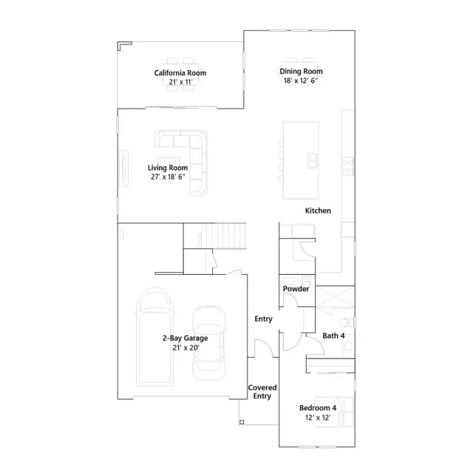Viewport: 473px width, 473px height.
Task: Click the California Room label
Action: [x=180, y=72]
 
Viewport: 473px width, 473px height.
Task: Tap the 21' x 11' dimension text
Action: [x=180, y=82]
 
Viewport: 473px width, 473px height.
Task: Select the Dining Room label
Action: [x=301, y=71]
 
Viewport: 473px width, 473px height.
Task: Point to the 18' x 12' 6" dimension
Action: [x=301, y=81]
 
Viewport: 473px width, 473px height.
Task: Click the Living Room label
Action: [x=168, y=168]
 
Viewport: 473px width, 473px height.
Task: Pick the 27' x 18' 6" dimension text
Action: [x=168, y=177]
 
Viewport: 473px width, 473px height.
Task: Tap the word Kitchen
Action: [x=318, y=211]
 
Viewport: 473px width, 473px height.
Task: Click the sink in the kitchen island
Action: [x=312, y=160]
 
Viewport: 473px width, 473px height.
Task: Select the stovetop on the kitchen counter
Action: [x=347, y=166]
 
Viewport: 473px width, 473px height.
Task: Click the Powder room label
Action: [x=296, y=289]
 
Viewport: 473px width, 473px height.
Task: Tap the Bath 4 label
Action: [x=333, y=336]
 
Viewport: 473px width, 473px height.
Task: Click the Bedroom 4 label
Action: [x=318, y=408]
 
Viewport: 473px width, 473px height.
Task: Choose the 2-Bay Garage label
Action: [x=186, y=338]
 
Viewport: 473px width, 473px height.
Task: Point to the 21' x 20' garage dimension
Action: [x=186, y=347]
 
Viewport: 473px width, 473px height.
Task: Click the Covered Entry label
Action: [x=262, y=392]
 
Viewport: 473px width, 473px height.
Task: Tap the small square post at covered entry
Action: [x=242, y=422]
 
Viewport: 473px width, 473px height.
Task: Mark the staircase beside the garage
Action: [x=215, y=236]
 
